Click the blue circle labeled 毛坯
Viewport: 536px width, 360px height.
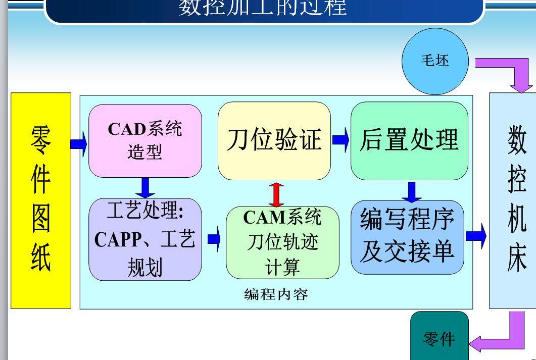point(435,62)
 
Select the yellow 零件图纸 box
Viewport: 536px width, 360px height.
point(41,200)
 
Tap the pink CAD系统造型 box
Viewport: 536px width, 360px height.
point(145,141)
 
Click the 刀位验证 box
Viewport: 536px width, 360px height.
point(274,141)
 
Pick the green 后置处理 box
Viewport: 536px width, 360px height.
point(409,141)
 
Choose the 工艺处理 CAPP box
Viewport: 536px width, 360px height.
point(145,239)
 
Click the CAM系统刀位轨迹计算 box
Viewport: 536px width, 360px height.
point(282,242)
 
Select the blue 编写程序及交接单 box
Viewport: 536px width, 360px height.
point(407,237)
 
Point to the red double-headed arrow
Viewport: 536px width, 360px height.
point(276,193)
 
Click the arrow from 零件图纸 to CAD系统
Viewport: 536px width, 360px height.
point(79,144)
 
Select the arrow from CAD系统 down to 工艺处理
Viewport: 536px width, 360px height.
point(145,187)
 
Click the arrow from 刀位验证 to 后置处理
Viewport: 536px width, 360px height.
point(340,140)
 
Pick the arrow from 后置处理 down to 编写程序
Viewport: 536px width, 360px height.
point(412,190)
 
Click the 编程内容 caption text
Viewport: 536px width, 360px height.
point(276,294)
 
